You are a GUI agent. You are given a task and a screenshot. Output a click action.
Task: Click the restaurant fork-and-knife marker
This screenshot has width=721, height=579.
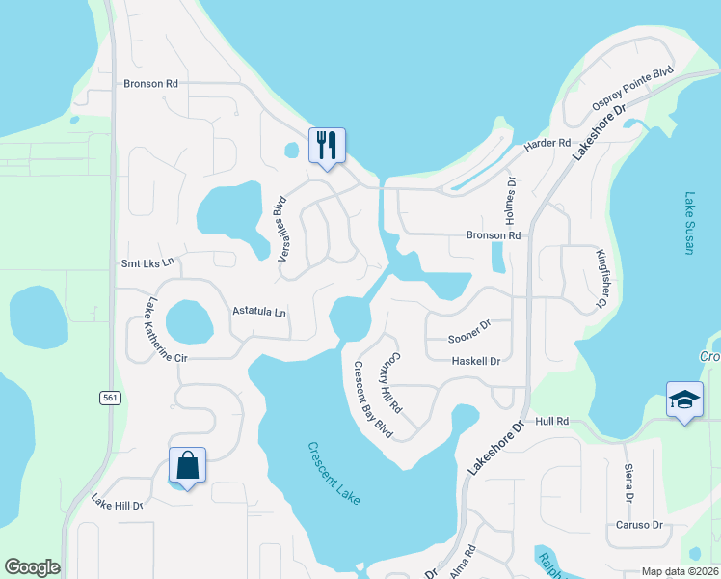click(325, 146)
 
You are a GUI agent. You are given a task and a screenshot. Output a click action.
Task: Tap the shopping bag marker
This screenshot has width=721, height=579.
click(187, 466)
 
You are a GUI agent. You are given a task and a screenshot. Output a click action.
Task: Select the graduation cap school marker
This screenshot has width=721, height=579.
click(683, 400)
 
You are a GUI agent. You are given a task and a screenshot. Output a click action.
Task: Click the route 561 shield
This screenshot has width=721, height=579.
click(108, 397)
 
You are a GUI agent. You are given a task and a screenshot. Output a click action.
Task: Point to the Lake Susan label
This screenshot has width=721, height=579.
click(689, 223)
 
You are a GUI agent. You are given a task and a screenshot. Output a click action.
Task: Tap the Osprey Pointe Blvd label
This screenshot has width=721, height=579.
click(631, 89)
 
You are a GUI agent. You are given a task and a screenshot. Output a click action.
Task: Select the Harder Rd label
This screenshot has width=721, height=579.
click(547, 144)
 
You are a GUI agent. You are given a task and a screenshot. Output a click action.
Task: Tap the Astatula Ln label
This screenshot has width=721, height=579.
click(260, 312)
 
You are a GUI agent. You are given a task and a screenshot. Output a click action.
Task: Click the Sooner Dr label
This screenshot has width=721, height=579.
click(470, 338)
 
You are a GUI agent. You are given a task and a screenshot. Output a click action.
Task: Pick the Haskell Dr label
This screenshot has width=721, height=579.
click(476, 361)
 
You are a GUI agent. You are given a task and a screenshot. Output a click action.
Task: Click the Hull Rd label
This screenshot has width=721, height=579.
click(553, 422)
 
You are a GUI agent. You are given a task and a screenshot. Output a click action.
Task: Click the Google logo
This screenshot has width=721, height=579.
click(32, 567)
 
